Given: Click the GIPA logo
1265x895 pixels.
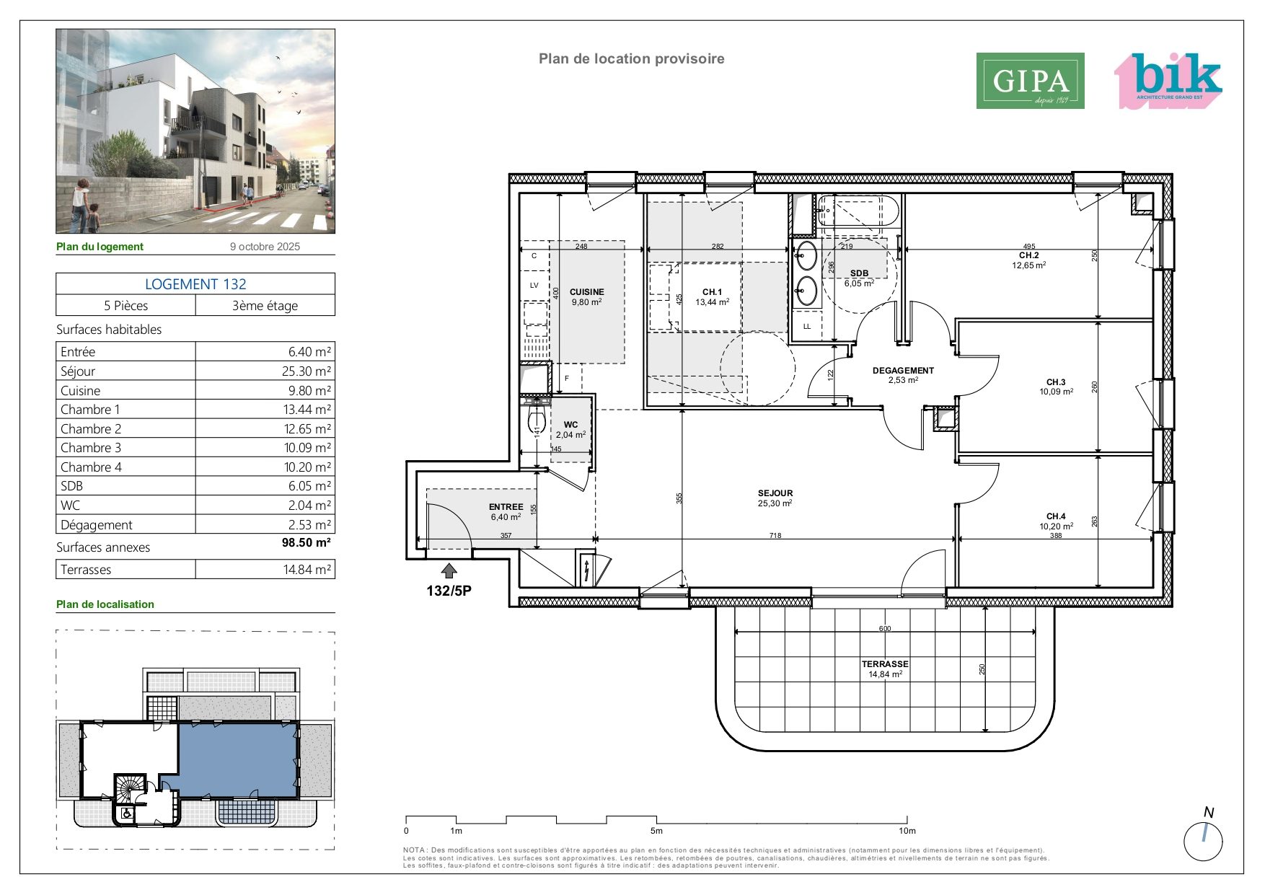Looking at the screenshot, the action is tap(1030, 81).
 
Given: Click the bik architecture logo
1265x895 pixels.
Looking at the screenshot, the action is tap(1168, 81).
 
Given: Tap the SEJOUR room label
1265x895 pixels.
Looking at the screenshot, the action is tap(775, 493).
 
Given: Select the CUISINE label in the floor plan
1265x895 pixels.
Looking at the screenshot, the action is tap(586, 292).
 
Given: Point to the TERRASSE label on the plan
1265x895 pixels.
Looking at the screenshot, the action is tap(885, 664).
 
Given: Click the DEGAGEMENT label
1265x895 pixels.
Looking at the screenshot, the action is tap(903, 371).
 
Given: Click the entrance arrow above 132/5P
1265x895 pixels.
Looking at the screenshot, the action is tap(449, 571).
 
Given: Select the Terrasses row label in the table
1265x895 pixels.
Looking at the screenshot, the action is tap(86, 570).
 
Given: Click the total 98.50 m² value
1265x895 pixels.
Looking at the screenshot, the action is tap(307, 542).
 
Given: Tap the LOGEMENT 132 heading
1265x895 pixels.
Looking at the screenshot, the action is tap(195, 284).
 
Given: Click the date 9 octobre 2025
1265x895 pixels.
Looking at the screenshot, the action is tap(265, 247).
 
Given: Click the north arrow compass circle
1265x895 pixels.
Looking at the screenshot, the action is tap(1204, 841).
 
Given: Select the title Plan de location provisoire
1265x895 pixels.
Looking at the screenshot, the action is tap(632, 59).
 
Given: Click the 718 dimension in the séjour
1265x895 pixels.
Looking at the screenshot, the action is tap(775, 535).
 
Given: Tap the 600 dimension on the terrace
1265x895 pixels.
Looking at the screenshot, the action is tap(885, 628).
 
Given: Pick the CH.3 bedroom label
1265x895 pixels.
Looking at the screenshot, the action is tap(1056, 382).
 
